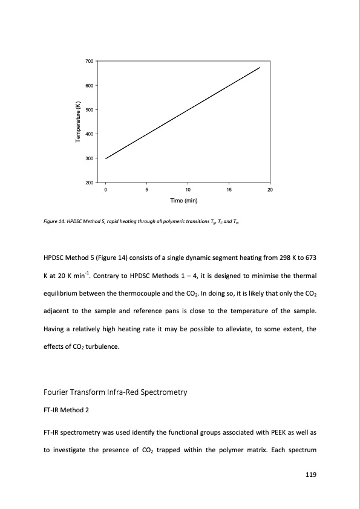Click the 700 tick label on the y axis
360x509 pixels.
pos(89,61)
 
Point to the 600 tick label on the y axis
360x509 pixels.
pos(89,85)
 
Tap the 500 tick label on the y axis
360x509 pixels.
pos(89,109)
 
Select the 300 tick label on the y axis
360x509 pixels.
pos(89,158)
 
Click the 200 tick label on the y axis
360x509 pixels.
pos(89,183)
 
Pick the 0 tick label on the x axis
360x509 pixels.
pos(106,190)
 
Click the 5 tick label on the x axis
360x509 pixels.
pos(147,190)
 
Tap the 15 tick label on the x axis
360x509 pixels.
pos(229,190)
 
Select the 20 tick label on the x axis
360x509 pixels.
pos(270,190)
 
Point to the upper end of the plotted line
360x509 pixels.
pos(260,68)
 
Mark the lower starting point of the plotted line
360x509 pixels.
pos(106,158)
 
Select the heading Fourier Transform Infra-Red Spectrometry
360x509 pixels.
pos(113,392)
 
